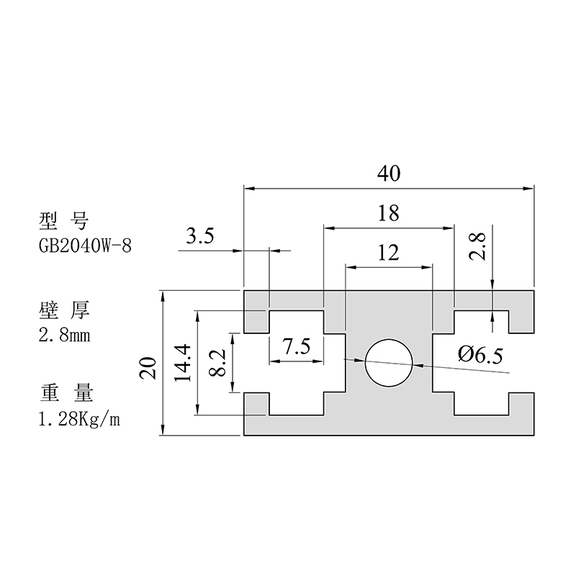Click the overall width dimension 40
pos(389,174)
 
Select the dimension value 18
pos(389,213)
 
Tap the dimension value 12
pos(389,252)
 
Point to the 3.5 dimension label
pos(199,238)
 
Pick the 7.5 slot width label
pos(296,347)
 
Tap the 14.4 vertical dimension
pos(182,363)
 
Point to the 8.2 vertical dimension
pos(216,363)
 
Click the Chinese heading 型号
pos(65,220)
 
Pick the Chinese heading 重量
pos(65,395)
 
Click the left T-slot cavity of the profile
pos(296,363)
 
